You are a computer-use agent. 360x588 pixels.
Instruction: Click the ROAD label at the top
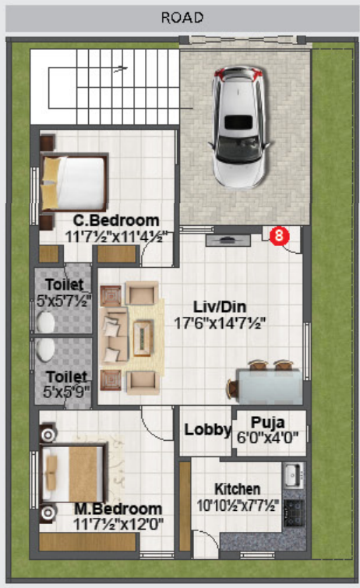pos(182,17)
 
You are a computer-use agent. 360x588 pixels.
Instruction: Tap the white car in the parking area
pos(241,127)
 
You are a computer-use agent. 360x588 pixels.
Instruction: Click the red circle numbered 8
pos(279,235)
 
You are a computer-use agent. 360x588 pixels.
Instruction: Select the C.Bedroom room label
pos(116,220)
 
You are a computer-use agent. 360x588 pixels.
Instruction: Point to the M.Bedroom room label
pos(118,509)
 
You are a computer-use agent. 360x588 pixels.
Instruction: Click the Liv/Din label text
pos(220,307)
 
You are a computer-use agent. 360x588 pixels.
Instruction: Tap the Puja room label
pos(267,423)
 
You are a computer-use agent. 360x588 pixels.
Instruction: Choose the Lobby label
pos(207,430)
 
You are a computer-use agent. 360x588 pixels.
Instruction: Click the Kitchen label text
pos(237,489)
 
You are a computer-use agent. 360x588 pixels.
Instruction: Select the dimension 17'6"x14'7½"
pos(220,322)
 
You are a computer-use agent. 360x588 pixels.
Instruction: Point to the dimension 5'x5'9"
pos(66,392)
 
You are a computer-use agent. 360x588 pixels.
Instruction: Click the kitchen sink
pos(293,475)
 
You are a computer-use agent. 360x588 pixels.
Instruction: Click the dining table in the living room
pos(270,386)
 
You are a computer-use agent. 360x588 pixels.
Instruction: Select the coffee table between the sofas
pos(143,338)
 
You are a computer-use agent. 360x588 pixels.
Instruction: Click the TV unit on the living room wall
pos(228,241)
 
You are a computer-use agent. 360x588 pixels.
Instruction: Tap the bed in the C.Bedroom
pos(73,182)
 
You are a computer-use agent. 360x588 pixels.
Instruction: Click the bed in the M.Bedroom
pos(72,474)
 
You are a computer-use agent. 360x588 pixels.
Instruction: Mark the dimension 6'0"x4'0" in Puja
pos(267,438)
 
